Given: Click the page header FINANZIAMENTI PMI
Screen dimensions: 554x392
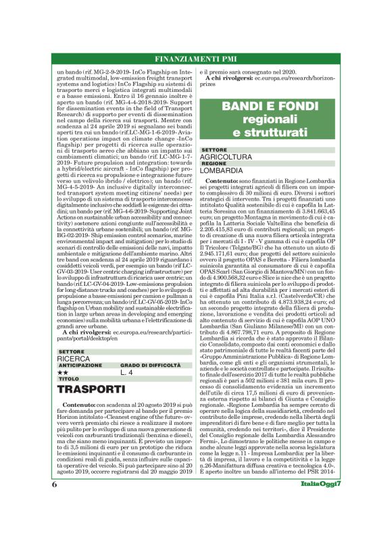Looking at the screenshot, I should click(195, 57).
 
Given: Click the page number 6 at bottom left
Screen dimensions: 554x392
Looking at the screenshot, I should click(53, 522).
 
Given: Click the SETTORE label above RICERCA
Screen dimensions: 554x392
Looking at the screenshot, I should click(72, 351).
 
